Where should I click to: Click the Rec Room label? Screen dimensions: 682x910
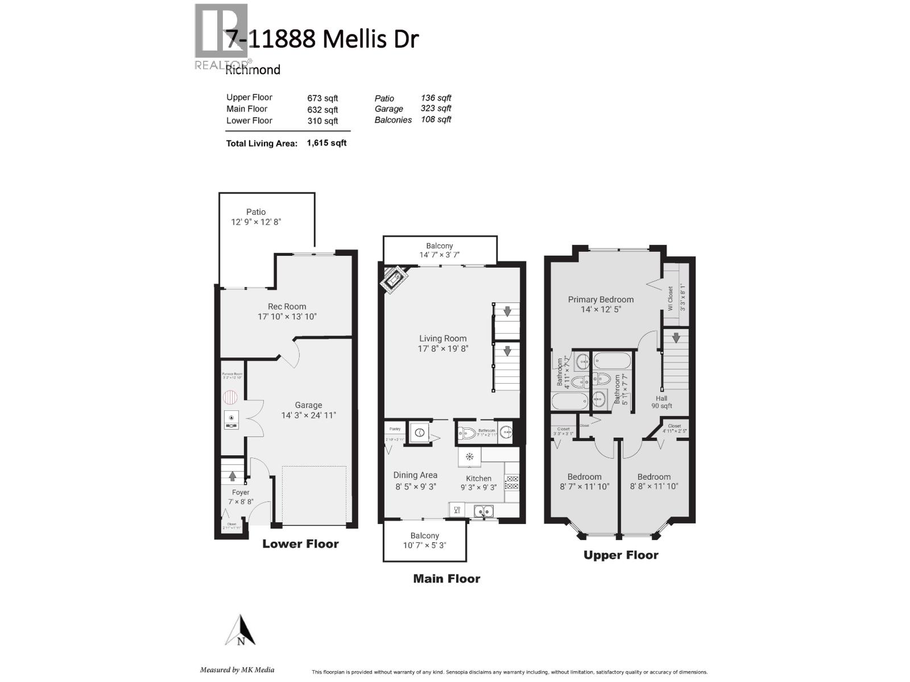[287, 306]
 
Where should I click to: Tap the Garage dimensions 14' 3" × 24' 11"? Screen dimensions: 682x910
[308, 415]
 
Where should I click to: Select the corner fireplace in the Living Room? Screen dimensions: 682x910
[394, 280]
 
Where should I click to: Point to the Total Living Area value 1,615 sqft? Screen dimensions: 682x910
[326, 143]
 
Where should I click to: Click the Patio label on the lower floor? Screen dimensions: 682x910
[256, 211]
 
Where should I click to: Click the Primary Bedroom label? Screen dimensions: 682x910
[601, 300]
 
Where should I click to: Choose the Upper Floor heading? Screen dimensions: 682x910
[621, 555]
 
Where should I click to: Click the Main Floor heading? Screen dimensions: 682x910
[446, 579]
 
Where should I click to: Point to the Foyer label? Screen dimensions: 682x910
[241, 492]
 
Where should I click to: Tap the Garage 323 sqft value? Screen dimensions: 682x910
[436, 109]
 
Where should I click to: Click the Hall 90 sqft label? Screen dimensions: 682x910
[661, 402]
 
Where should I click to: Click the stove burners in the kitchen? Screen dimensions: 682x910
[512, 483]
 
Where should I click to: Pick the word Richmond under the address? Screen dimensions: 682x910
[253, 70]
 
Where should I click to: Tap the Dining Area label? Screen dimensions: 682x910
[415, 475]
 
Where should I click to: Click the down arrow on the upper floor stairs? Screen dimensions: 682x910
[676, 338]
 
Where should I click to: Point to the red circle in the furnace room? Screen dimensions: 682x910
[230, 396]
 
